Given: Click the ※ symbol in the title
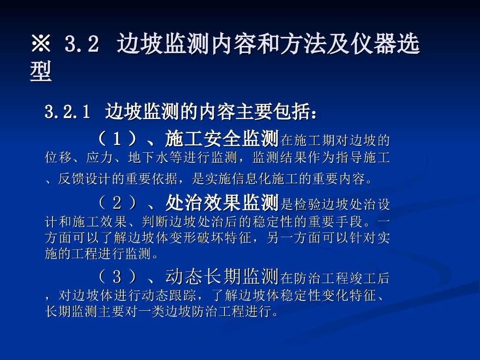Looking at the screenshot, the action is [x=41, y=44].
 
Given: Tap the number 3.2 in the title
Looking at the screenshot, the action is [x=82, y=44].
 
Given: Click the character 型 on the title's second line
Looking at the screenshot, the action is [x=41, y=72].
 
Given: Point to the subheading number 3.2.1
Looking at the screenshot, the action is [x=67, y=112].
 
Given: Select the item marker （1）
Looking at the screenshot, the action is [x=117, y=139].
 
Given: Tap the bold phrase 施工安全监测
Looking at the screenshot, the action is [x=222, y=138].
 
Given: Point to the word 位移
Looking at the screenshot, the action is [x=58, y=158].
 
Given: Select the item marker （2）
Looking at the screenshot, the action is [x=117, y=203].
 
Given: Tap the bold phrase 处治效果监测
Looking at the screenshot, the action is [x=222, y=202].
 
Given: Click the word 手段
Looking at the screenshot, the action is [x=349, y=222].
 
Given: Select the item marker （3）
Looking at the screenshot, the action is [x=117, y=277].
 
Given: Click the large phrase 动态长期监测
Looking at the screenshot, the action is [x=222, y=277].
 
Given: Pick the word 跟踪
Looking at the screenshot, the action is [x=183, y=295].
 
